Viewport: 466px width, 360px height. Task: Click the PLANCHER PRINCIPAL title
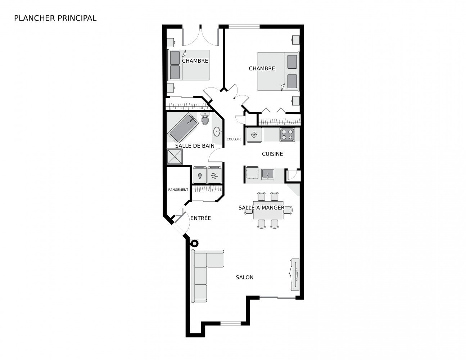click(x=55, y=18)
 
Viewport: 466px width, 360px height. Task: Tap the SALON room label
click(x=244, y=278)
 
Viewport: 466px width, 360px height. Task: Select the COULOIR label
click(x=234, y=139)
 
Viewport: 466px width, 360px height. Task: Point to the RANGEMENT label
click(x=178, y=190)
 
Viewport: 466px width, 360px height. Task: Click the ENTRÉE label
click(x=200, y=218)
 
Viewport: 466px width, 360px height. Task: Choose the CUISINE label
click(x=272, y=154)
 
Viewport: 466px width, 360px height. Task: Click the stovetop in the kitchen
click(x=287, y=135)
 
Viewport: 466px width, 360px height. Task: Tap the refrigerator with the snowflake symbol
click(x=254, y=135)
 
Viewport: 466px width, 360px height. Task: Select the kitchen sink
click(x=267, y=174)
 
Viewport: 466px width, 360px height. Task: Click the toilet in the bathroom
click(x=205, y=119)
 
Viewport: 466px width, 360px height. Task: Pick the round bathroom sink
click(x=217, y=131)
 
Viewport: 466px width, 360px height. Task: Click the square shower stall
click(x=175, y=157)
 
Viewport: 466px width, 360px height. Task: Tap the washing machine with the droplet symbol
click(x=200, y=175)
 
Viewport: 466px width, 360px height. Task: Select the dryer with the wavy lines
click(x=214, y=175)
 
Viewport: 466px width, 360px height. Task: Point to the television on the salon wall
click(x=295, y=275)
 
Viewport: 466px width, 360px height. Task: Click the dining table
click(x=268, y=210)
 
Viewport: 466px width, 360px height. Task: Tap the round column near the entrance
click(x=194, y=243)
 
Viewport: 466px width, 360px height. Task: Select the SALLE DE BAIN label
click(x=195, y=146)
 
